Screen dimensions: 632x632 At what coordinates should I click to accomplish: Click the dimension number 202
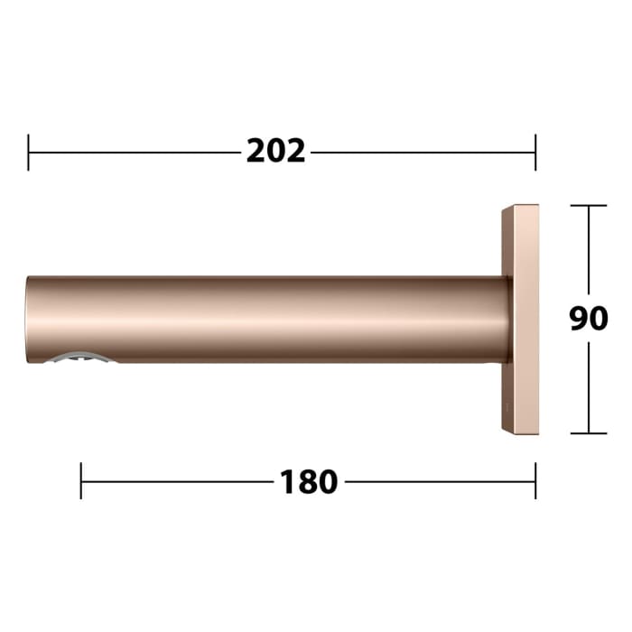pyautogui.click(x=276, y=152)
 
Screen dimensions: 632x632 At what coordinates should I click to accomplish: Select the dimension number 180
pyautogui.click(x=309, y=482)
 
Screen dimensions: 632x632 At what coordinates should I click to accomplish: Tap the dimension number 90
pyautogui.click(x=589, y=319)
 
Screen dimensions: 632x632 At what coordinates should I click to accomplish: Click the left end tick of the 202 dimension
pyautogui.click(x=29, y=152)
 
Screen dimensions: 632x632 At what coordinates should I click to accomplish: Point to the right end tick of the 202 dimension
pyautogui.click(x=535, y=152)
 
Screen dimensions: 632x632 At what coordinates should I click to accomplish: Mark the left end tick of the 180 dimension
pyautogui.click(x=81, y=481)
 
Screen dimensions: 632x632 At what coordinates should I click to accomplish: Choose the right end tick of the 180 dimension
pyautogui.click(x=535, y=481)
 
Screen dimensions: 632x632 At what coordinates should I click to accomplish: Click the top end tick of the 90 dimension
pyautogui.click(x=589, y=206)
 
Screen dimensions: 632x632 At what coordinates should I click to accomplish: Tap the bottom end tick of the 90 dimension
pyautogui.click(x=589, y=433)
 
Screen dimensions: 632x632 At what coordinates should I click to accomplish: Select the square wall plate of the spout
pyautogui.click(x=521, y=319)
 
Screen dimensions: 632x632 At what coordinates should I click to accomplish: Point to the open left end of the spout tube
pyautogui.click(x=29, y=319)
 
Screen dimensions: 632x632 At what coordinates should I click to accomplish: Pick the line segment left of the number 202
pyautogui.click(x=135, y=152)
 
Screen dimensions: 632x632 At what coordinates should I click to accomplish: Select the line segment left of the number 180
pyautogui.click(x=176, y=481)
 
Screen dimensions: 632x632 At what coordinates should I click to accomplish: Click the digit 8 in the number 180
pyautogui.click(x=309, y=482)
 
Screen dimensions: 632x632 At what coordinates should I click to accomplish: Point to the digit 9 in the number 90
pyautogui.click(x=579, y=319)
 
